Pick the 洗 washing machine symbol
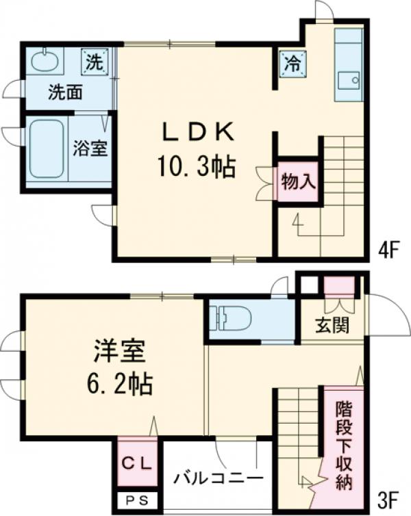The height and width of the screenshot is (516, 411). coord(94,62)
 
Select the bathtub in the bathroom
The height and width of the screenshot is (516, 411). coord(47,149)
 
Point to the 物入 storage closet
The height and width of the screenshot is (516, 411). coord(297,182)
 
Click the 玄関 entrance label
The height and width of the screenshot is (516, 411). coord(332,325)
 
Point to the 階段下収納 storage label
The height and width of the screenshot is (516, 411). coord(343,446)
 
